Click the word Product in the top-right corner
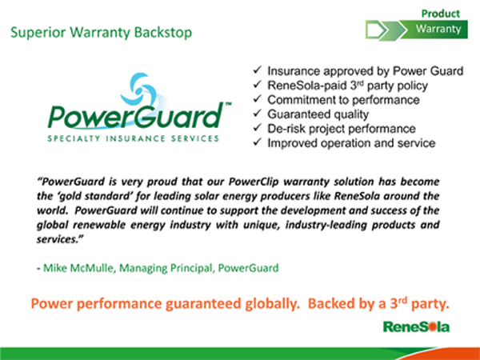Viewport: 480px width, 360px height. click(x=441, y=14)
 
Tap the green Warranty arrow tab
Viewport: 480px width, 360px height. click(x=434, y=30)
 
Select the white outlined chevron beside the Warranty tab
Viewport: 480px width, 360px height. click(x=378, y=30)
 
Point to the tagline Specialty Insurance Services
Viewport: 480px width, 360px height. click(x=133, y=138)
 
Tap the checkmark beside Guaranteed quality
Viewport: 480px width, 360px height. click(x=257, y=114)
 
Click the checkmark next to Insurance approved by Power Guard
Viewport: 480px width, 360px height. click(x=257, y=70)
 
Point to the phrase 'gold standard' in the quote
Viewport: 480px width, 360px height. click(x=95, y=196)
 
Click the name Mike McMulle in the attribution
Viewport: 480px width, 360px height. click(x=79, y=268)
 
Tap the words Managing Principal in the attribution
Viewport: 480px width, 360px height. click(x=166, y=268)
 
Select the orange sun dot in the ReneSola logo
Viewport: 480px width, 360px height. click(x=432, y=327)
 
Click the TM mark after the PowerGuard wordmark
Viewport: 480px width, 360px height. click(x=228, y=104)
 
